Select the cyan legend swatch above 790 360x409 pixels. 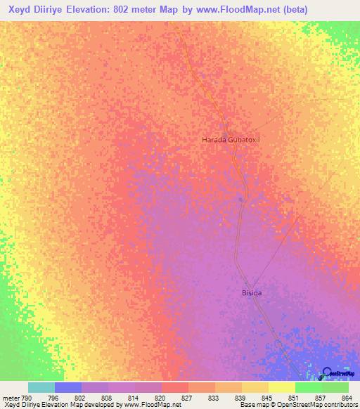(x=41, y=387)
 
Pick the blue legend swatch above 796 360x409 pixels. (x=68, y=387)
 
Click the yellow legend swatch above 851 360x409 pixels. (x=282, y=387)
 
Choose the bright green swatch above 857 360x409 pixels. (x=309, y=387)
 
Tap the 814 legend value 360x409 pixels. (x=133, y=398)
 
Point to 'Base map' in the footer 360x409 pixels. (x=252, y=405)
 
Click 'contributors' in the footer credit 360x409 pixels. (x=339, y=405)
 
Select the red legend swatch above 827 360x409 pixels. (x=175, y=387)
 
